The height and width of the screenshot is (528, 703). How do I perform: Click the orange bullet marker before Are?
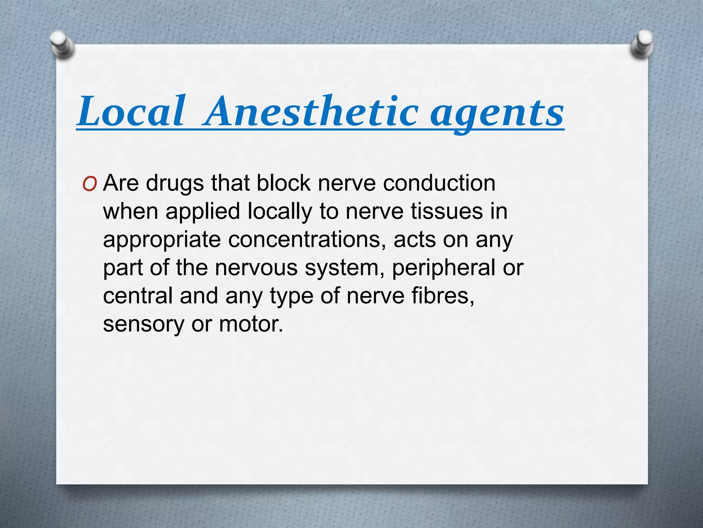tap(90, 185)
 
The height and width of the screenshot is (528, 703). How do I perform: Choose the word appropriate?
tap(162, 240)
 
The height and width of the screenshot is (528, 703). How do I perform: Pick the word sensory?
tap(143, 324)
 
